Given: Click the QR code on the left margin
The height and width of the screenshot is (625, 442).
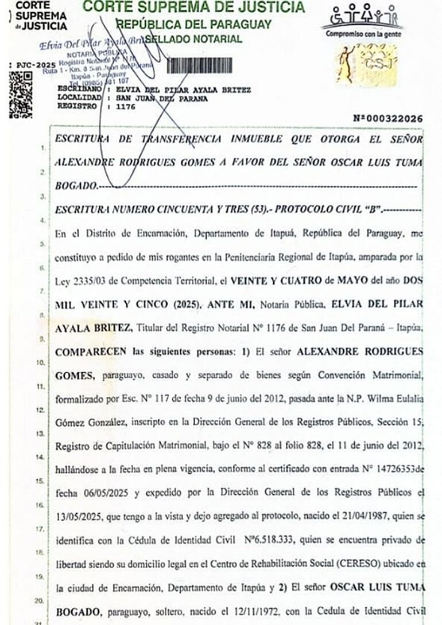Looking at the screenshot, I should pyautogui.click(x=21, y=95).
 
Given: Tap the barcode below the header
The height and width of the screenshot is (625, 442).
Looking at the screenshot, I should pyautogui.click(x=199, y=65).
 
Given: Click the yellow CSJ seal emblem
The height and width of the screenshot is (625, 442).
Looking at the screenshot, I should pyautogui.click(x=366, y=65).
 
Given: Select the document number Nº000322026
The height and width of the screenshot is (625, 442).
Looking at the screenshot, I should pyautogui.click(x=389, y=119).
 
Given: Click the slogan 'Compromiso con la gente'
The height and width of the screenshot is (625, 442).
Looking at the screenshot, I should pyautogui.click(x=363, y=33).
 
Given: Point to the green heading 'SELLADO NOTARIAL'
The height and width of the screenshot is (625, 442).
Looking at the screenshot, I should pyautogui.click(x=193, y=39).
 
